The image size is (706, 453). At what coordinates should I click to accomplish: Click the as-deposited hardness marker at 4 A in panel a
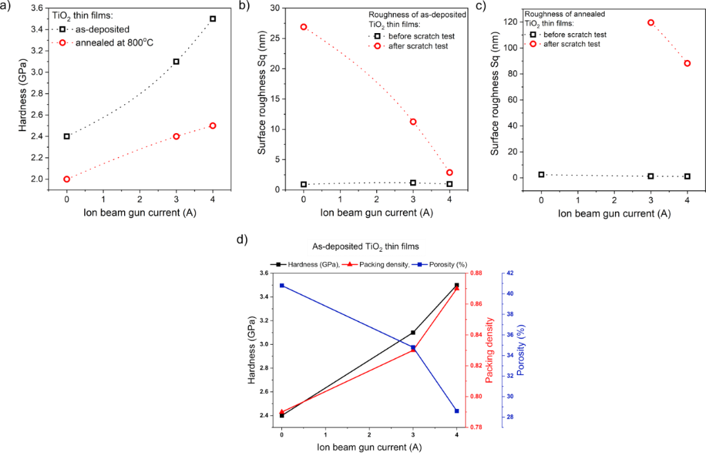point(212,19)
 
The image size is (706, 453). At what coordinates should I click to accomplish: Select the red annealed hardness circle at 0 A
point(67,179)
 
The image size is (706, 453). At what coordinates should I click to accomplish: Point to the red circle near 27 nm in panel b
point(303,27)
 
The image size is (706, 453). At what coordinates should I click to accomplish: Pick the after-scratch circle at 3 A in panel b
point(413,122)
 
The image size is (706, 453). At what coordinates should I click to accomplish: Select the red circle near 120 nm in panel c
point(651,23)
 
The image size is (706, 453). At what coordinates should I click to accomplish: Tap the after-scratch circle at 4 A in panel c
point(687,63)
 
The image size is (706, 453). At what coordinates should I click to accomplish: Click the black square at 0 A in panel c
point(541,175)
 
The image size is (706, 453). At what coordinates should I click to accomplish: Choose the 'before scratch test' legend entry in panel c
point(574,34)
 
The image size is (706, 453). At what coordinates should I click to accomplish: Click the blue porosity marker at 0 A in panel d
point(281,285)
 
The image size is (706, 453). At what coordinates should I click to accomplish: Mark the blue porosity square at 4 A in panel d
point(457,411)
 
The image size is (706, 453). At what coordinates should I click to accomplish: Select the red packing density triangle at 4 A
point(457,288)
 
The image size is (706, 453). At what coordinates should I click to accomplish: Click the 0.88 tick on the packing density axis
point(476,274)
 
